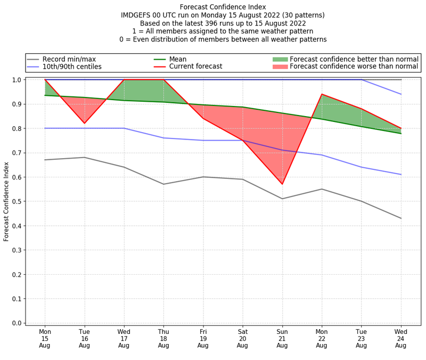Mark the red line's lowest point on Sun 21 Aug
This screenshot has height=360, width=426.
(x=282, y=184)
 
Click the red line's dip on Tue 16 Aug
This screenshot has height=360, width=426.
(x=84, y=124)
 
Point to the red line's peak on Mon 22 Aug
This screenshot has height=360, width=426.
(x=322, y=94)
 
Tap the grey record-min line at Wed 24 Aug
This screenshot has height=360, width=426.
(x=400, y=218)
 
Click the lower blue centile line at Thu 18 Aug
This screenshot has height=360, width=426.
(x=163, y=138)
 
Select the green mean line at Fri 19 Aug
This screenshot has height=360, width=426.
(x=203, y=105)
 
